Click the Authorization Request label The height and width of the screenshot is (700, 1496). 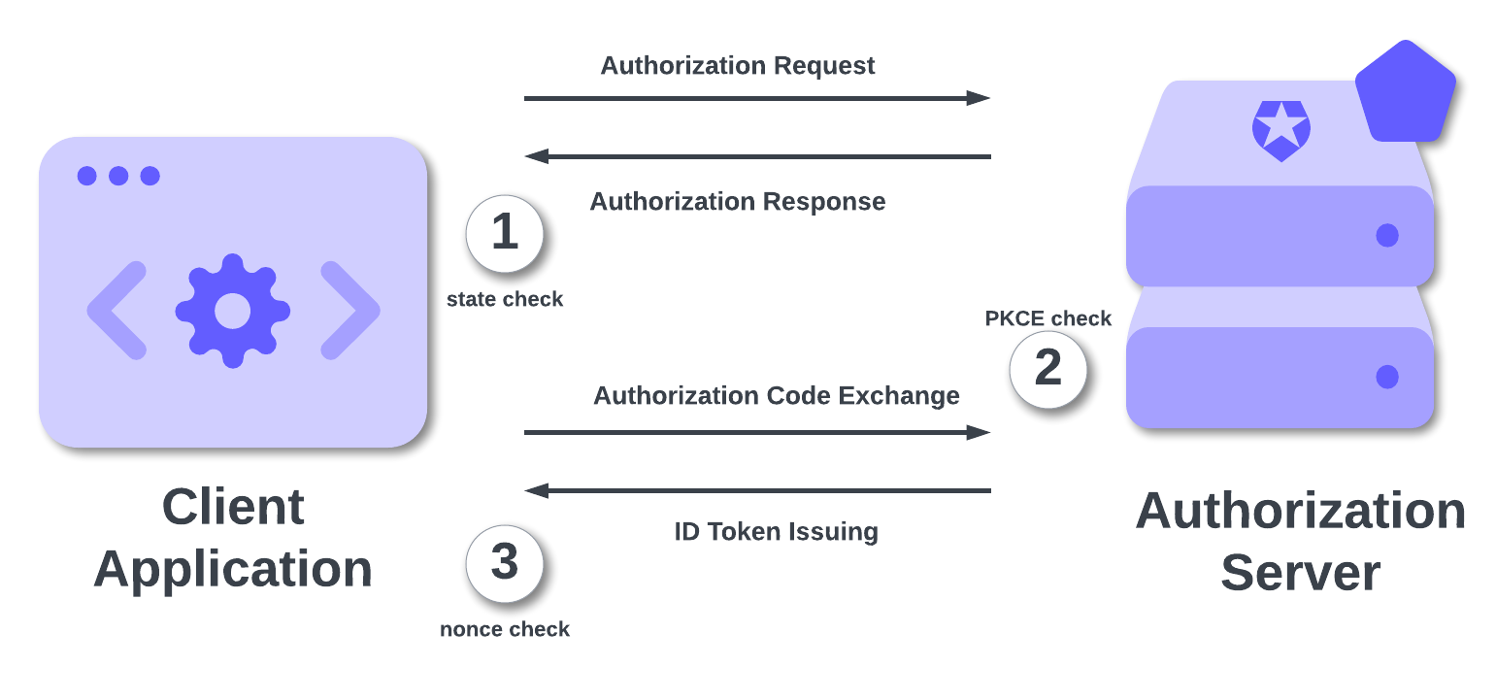point(738,66)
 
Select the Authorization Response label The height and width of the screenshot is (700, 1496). point(738,202)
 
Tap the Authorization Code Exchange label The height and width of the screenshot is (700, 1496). point(777,396)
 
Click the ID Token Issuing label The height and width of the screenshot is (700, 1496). point(776,532)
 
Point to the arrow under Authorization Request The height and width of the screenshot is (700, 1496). point(757,98)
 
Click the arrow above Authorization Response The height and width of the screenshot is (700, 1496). point(757,156)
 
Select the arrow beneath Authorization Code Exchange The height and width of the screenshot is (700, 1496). point(757,432)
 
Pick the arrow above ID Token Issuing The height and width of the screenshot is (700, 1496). point(757,491)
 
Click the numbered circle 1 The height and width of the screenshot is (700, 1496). point(504,234)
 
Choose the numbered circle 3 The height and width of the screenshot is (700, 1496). point(504,564)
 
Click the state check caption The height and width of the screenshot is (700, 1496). point(505,300)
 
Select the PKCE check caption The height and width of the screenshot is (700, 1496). point(1048,318)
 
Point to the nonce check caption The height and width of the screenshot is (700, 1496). point(505,630)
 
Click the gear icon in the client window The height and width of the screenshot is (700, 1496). point(233,311)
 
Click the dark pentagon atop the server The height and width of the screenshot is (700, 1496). point(1405,92)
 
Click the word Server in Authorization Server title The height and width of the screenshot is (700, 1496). point(1300,573)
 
